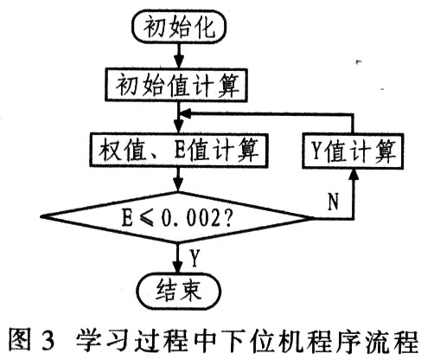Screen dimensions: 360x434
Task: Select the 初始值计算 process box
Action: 178,85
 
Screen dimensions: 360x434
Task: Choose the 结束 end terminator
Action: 177,286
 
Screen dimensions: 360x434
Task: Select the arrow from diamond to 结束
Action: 177,257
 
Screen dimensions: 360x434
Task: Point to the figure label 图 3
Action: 32,337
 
